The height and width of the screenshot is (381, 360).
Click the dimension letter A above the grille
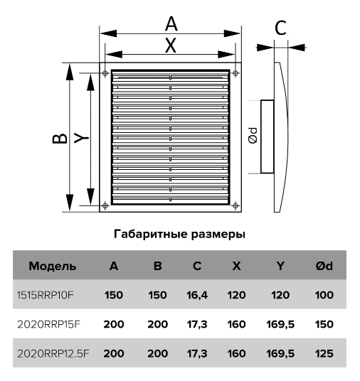171,24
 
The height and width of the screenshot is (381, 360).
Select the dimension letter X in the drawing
170,45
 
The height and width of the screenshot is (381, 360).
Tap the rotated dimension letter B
60,139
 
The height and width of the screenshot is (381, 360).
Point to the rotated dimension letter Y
81,138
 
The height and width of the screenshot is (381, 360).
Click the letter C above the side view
280,28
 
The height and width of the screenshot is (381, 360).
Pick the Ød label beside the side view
253,136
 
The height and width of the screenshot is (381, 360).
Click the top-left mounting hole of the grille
105,73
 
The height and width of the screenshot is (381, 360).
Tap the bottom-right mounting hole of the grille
235,206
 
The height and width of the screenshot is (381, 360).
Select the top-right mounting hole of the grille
235,73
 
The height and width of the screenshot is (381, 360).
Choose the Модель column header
53,266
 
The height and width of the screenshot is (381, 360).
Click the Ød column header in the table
324,266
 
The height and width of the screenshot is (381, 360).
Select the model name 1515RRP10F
46,295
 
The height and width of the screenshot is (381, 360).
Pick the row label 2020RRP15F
48,324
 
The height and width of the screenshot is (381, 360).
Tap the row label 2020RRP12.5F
53,353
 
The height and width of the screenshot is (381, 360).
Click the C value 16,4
197,295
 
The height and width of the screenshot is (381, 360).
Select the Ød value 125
324,353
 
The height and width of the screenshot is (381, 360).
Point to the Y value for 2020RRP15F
280,324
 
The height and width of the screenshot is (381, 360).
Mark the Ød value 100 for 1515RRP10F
324,295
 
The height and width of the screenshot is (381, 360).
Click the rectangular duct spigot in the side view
268,136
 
